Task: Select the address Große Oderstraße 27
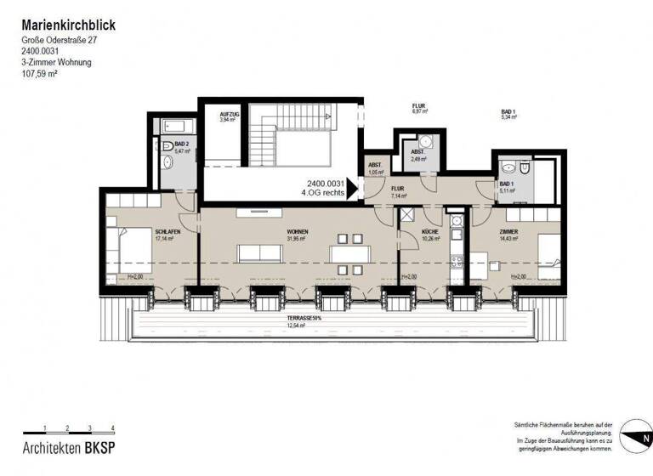pos(65,40)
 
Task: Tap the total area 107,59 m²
pos(41,74)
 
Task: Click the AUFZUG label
pos(229,115)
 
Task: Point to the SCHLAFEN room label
pos(165,232)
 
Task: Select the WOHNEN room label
pos(297,232)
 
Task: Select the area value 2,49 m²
pos(417,159)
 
